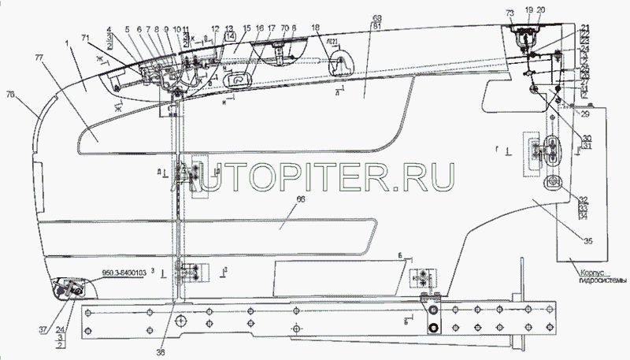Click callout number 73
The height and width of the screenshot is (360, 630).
510,13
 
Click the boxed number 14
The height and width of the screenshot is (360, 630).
229,37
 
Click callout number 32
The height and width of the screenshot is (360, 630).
583,199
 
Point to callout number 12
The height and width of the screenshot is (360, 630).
215,29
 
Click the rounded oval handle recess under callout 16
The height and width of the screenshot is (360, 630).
236,80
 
